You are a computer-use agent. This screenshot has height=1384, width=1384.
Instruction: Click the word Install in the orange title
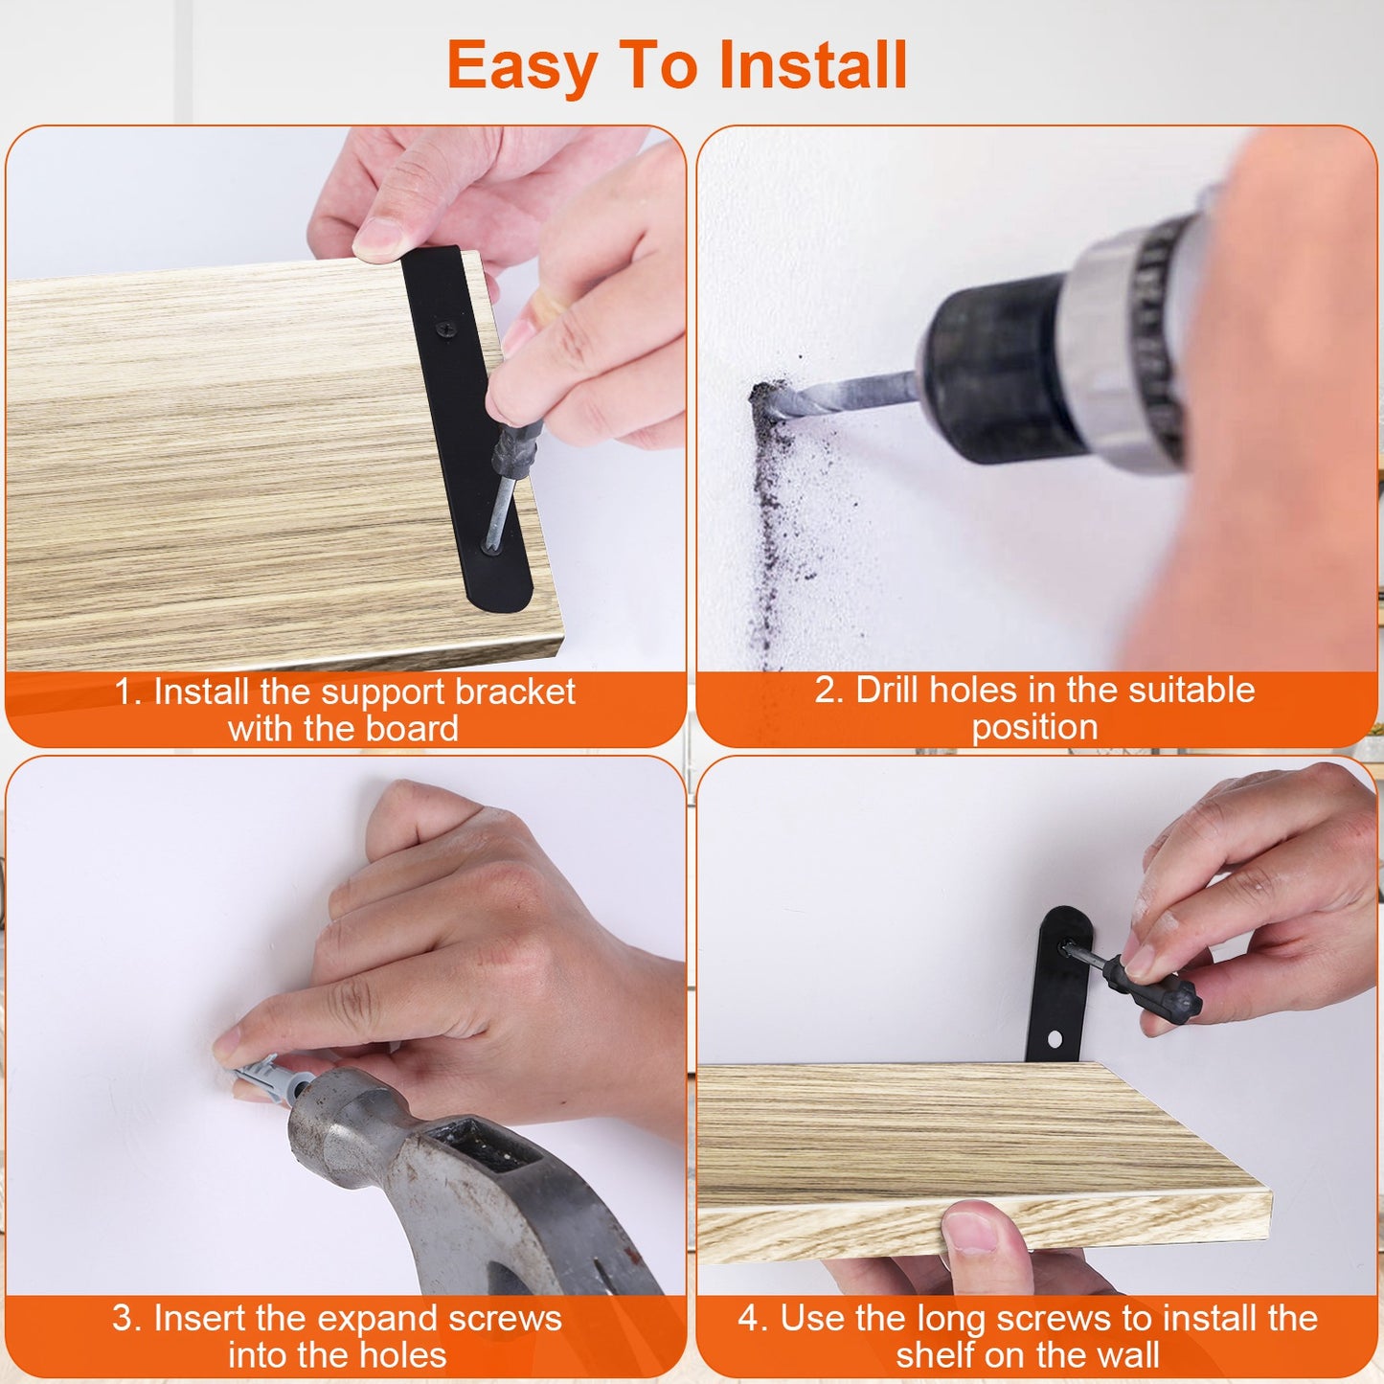[812, 65]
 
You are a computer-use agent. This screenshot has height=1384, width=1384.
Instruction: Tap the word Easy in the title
[522, 67]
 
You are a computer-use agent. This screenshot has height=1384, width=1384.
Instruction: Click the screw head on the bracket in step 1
[446, 329]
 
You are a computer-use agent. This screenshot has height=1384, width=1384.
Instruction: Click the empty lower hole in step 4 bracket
[1055, 1038]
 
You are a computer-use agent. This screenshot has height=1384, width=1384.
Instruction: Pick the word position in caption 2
[1034, 727]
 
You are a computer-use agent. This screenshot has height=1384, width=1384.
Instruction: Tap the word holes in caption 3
[403, 1355]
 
